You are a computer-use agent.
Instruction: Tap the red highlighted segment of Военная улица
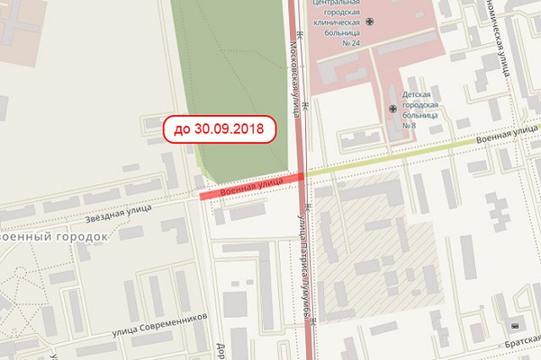pyautogui.click(x=251, y=186)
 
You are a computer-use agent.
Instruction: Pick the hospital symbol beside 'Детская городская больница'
pyautogui.click(x=392, y=108)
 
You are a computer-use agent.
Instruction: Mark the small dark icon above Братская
pyautogui.click(x=515, y=325)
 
